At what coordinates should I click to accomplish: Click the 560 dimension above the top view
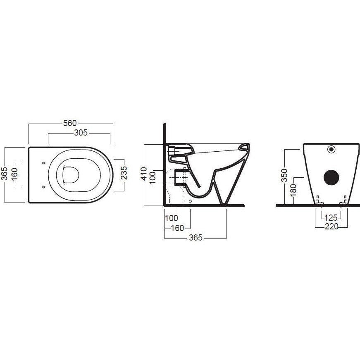click(x=70, y=123)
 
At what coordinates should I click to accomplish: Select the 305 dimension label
click(x=81, y=133)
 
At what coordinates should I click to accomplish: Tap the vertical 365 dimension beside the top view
click(x=5, y=174)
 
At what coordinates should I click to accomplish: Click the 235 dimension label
click(x=124, y=173)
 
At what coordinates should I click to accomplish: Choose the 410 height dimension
click(x=143, y=174)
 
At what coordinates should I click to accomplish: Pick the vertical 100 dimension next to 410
click(x=152, y=178)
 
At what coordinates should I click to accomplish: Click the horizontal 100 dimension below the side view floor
click(x=172, y=218)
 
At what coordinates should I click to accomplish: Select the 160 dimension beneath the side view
click(x=178, y=228)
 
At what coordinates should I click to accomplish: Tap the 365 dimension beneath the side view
click(x=196, y=238)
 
